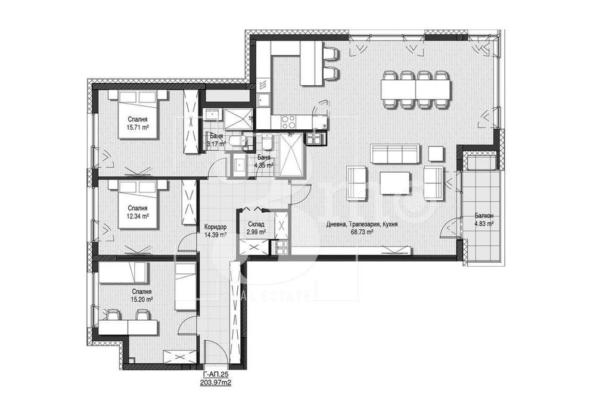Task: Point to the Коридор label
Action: pos(215,226)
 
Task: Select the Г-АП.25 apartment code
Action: pos(216,375)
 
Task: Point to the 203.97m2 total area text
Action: pos(216,383)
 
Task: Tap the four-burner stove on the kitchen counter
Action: pos(288,122)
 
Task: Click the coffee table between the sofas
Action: pos(395,183)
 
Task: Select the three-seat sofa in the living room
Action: pos(396,154)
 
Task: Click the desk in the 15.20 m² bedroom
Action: pos(128,327)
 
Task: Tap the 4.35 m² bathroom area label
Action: pos(263,165)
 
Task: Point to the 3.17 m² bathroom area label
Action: pos(216,144)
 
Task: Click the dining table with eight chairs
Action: pos(415,89)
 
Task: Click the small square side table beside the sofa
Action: pos(436,154)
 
